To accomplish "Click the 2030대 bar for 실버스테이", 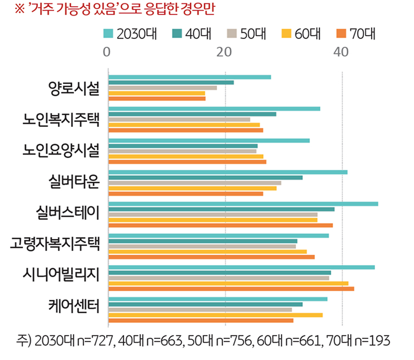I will (243, 204).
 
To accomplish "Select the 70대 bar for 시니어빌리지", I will (231, 289).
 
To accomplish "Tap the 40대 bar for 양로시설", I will (171, 82).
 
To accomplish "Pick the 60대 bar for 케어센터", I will (215, 315).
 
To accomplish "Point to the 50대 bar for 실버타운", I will (195, 183).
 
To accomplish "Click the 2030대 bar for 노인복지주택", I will (214, 109).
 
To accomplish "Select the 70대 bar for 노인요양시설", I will (187, 162).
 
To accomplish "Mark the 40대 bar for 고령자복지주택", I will (203, 241).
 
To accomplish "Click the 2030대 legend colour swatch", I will (109, 34).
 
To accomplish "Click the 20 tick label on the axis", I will (224, 52).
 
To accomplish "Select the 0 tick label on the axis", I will (107, 52).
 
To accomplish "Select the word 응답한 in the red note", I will (154, 9).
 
